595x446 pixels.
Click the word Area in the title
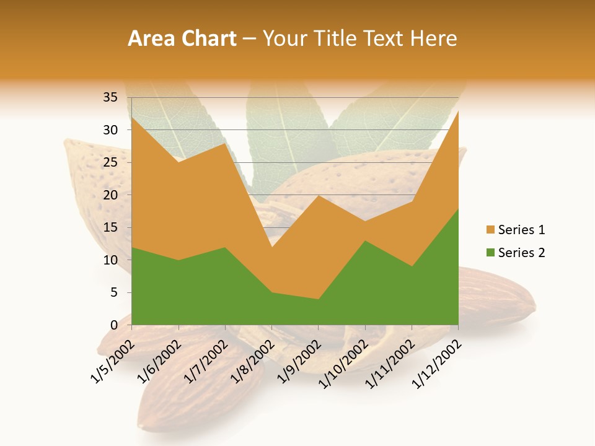click(149, 39)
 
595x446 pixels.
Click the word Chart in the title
click(209, 39)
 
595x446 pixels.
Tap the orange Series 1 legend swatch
click(491, 230)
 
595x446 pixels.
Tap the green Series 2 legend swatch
click(491, 253)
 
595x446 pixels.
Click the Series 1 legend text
click(521, 230)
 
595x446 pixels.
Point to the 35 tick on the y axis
click(110, 97)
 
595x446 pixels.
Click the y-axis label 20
click(110, 195)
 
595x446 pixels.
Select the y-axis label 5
click(113, 292)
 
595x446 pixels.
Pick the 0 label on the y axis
click(113, 325)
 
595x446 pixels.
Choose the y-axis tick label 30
click(110, 130)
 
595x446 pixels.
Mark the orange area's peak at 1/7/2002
click(225, 143)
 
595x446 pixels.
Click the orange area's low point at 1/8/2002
click(271, 247)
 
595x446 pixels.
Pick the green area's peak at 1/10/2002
click(365, 241)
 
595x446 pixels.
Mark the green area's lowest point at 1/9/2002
click(319, 299)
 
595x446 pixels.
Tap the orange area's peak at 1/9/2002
click(319, 195)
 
